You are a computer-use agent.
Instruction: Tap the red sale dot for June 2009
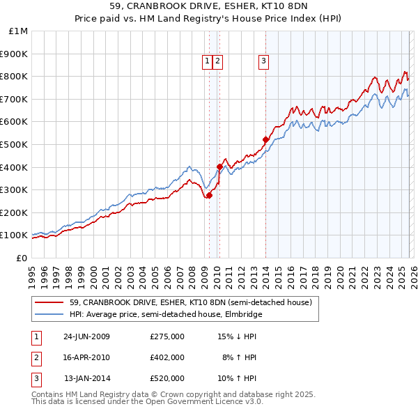click(x=209, y=195)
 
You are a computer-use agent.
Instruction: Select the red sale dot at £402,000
click(x=219, y=166)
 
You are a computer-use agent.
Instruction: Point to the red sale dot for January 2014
click(x=265, y=139)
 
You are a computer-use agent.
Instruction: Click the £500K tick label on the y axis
click(x=14, y=144)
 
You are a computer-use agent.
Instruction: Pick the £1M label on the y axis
click(x=19, y=31)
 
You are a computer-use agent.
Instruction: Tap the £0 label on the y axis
click(x=22, y=258)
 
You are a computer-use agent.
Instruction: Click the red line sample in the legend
click(x=49, y=302)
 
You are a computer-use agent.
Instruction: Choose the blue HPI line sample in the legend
click(x=49, y=314)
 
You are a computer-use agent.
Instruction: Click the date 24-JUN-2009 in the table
click(x=86, y=336)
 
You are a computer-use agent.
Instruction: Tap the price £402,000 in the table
click(x=167, y=357)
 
